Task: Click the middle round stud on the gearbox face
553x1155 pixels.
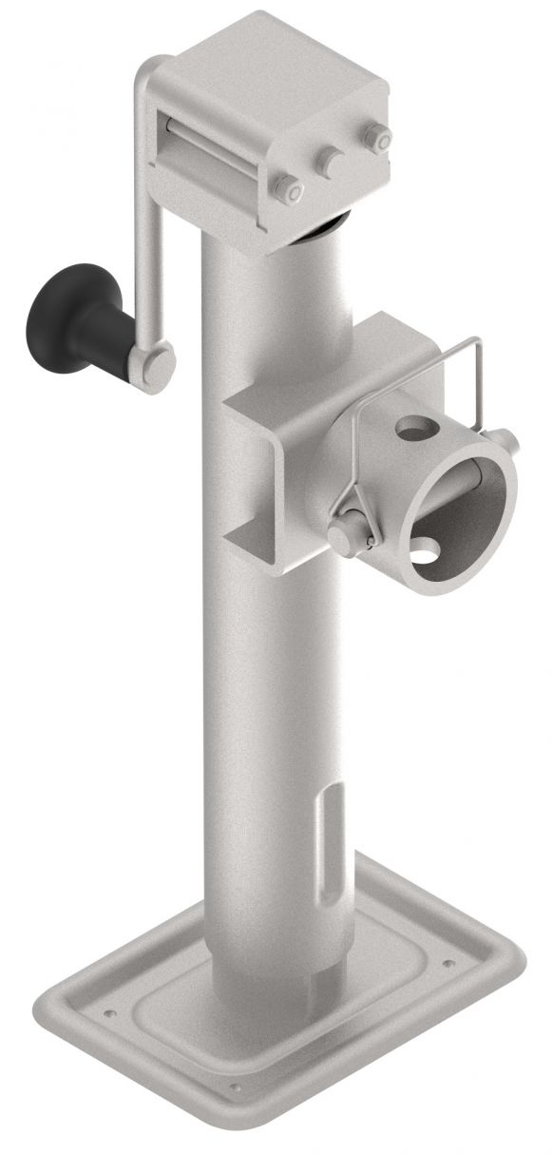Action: point(331,163)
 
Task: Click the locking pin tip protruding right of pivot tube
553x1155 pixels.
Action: point(507,440)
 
